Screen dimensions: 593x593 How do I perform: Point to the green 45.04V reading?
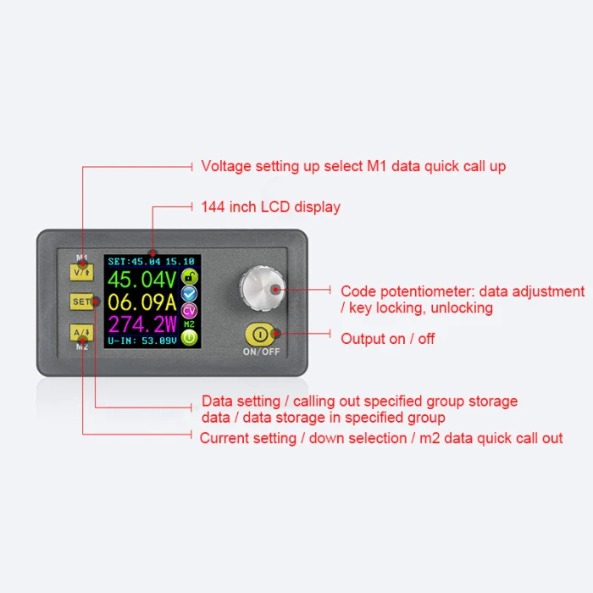[141, 280]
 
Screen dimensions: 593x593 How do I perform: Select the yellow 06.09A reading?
[141, 303]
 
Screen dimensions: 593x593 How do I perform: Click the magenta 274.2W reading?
[141, 326]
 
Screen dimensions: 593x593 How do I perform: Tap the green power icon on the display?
[190, 338]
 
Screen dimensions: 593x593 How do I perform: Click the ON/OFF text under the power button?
[260, 352]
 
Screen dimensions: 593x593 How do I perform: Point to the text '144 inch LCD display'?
[270, 207]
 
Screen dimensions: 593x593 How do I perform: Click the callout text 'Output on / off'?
[388, 339]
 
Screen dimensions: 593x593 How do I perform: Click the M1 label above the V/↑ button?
[82, 257]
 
